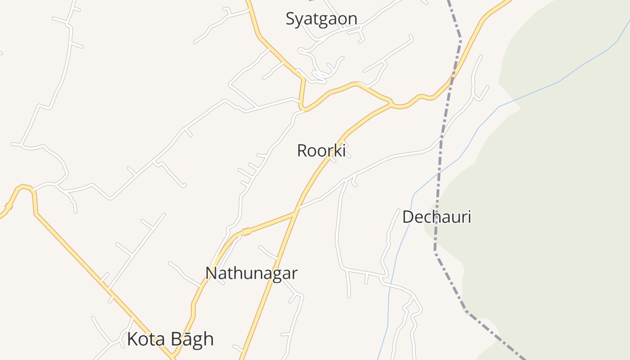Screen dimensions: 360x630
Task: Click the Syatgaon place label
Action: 321,19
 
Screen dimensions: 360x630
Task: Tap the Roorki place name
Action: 321,151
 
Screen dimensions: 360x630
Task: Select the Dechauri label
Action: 436,217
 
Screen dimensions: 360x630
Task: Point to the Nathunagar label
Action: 251,273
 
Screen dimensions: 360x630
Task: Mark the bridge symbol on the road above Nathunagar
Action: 246,232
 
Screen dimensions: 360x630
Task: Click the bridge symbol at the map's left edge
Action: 8,207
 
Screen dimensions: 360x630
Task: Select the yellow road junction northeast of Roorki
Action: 391,104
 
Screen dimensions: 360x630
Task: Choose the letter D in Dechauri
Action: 408,217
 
